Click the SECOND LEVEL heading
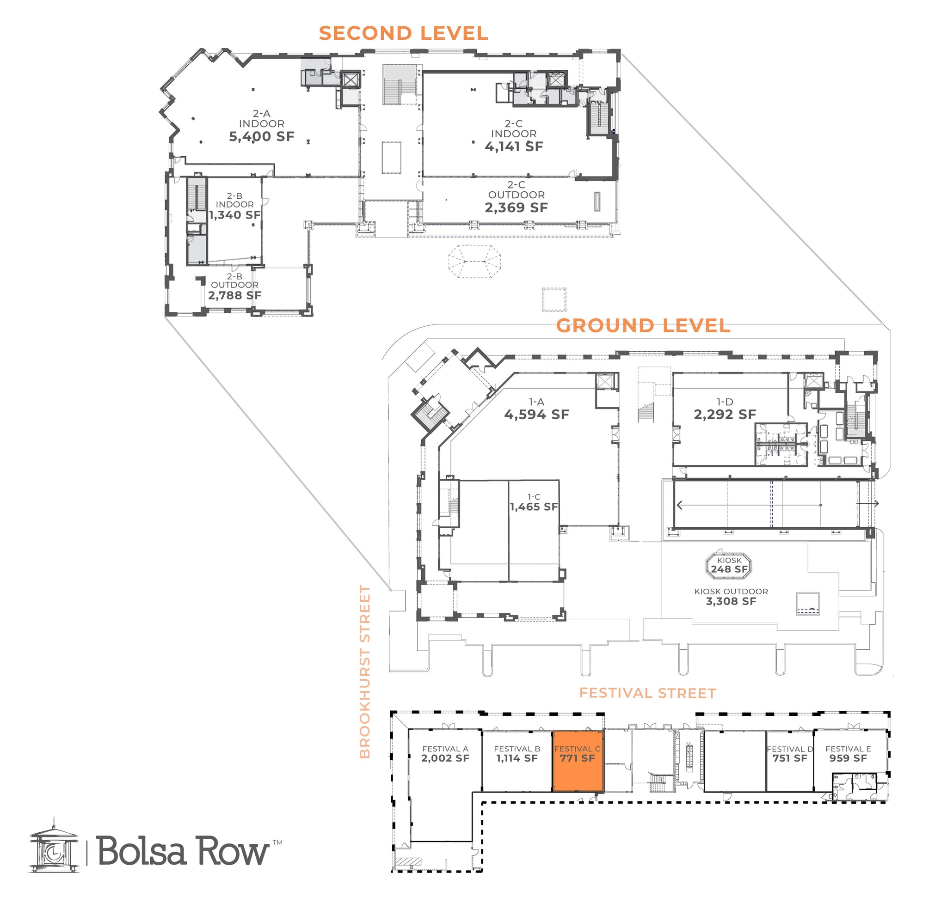pyautogui.click(x=403, y=33)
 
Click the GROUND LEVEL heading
pyautogui.click(x=643, y=326)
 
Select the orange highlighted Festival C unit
pyautogui.click(x=577, y=760)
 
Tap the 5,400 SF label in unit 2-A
pyautogui.click(x=261, y=137)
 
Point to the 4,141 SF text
pyautogui.click(x=513, y=147)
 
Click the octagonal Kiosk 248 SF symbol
pyautogui.click(x=729, y=565)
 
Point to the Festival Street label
pyautogui.click(x=647, y=693)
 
